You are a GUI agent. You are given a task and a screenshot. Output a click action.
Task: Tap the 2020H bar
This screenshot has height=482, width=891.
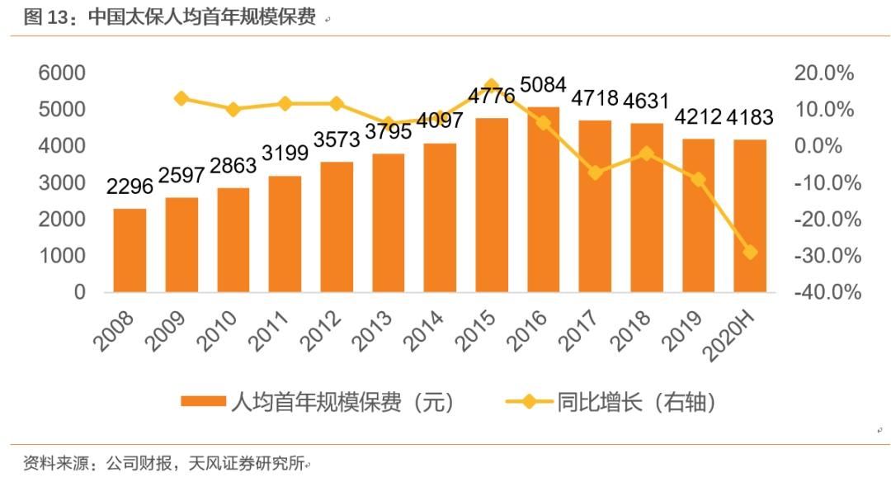tap(750, 216)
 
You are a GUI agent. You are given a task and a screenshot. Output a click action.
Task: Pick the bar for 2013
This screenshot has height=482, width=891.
tap(388, 223)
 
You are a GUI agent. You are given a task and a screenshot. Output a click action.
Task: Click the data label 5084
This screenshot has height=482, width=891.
tap(543, 85)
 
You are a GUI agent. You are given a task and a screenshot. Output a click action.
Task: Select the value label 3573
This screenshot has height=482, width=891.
tap(336, 141)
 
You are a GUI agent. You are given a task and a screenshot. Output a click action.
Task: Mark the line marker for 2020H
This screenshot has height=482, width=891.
tap(750, 253)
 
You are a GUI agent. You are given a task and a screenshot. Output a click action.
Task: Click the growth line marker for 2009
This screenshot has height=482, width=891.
tap(181, 99)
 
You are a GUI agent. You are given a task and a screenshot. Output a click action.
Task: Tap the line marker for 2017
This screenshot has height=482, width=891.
tap(595, 172)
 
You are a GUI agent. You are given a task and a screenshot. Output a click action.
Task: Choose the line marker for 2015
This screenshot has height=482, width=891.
tap(492, 86)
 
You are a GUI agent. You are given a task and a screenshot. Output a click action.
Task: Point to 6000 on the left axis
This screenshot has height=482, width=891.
tap(63, 73)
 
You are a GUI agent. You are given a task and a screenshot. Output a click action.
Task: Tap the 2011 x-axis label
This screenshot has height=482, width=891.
tap(279, 331)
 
